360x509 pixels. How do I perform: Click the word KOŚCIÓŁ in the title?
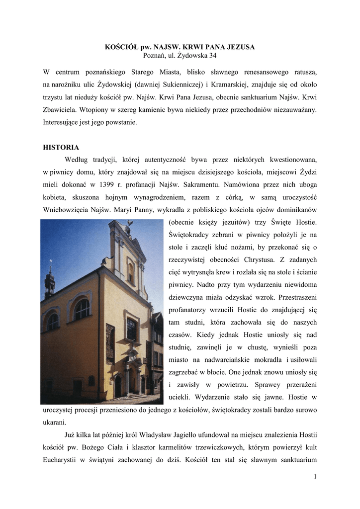point(120,47)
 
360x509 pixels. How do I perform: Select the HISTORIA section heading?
point(61,147)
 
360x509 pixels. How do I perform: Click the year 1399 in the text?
point(109,184)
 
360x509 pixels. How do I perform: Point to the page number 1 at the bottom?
point(315,477)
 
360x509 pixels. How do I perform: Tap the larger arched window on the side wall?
point(82,309)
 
